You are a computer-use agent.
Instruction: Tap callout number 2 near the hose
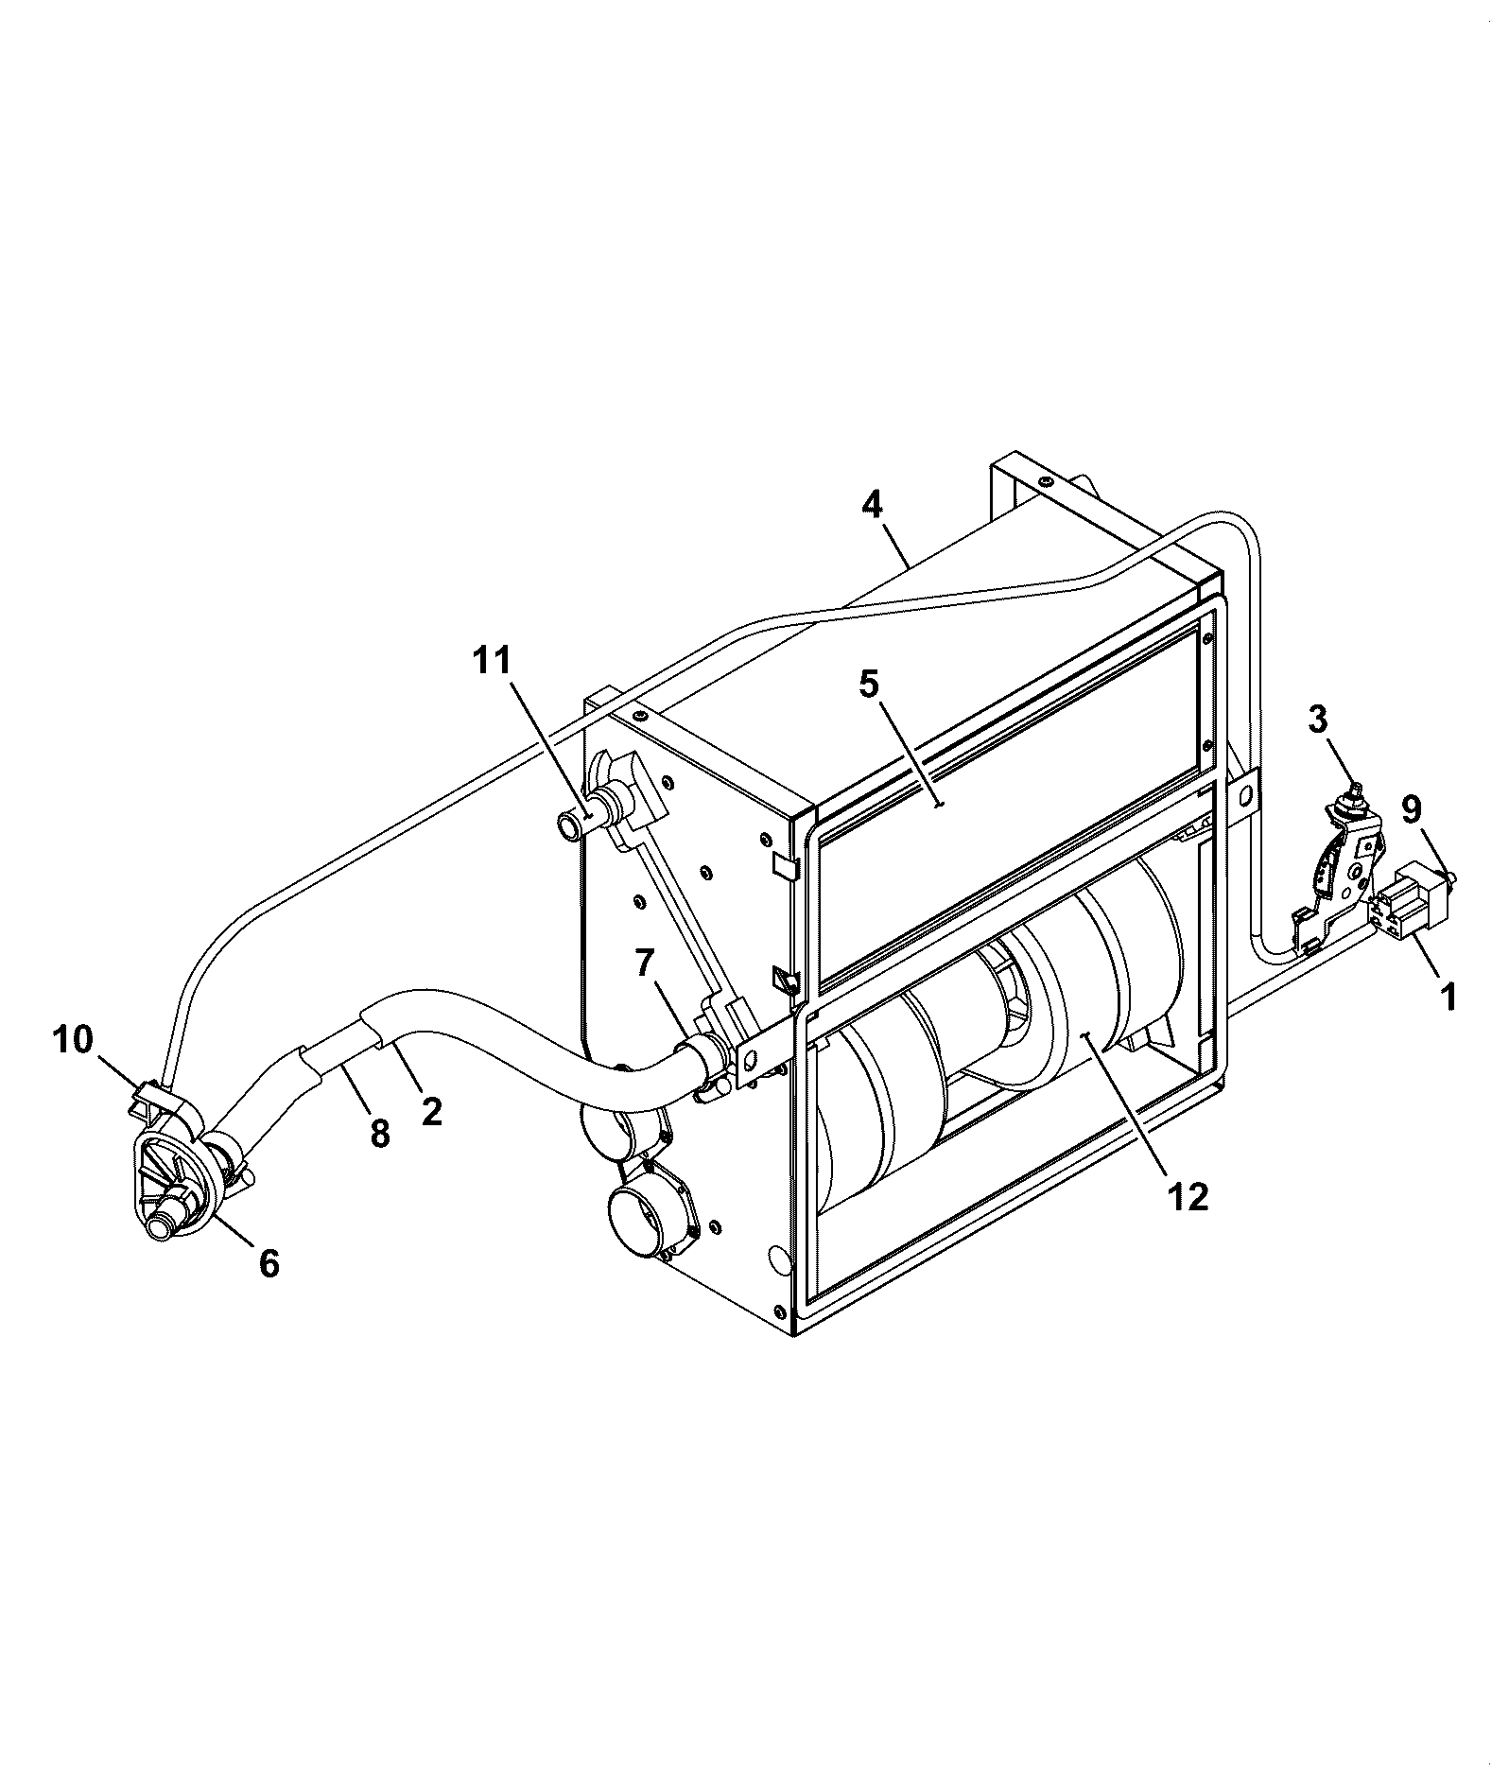click(x=431, y=1110)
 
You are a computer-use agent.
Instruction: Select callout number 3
click(x=1318, y=720)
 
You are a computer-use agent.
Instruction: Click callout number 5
click(x=869, y=684)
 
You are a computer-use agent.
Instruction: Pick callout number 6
click(x=269, y=1262)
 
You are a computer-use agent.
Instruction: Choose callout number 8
click(x=380, y=1132)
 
